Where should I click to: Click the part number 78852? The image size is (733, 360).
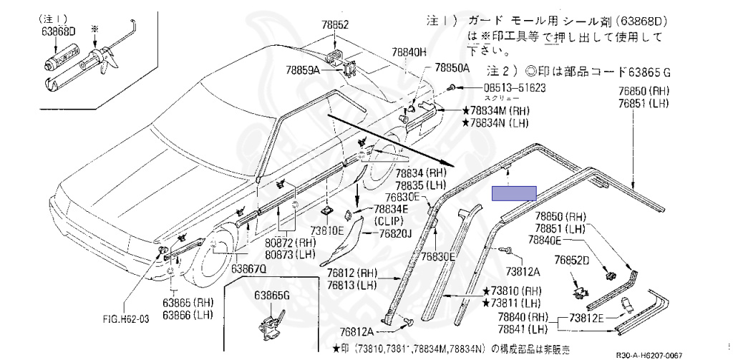(x=334, y=24)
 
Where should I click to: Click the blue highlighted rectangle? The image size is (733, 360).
(x=514, y=193)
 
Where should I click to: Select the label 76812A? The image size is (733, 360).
(x=356, y=331)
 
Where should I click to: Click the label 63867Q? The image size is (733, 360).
(x=248, y=269)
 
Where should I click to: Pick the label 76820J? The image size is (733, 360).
(x=396, y=234)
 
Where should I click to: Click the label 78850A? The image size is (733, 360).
(x=452, y=69)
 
